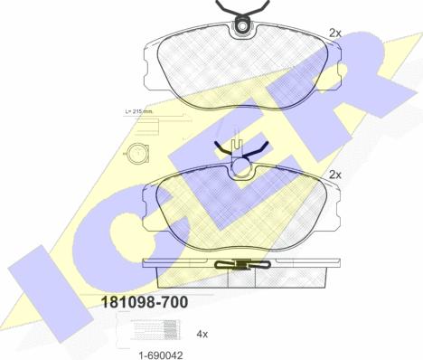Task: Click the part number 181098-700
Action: click(145, 302)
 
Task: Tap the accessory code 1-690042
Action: click(160, 355)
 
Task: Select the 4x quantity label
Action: click(202, 334)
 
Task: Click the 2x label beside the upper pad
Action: click(334, 33)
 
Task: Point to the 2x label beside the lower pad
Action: click(334, 175)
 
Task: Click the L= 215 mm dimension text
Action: click(139, 111)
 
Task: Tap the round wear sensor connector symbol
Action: click(138, 153)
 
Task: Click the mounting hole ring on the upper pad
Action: click(242, 27)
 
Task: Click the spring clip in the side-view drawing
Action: click(243, 264)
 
